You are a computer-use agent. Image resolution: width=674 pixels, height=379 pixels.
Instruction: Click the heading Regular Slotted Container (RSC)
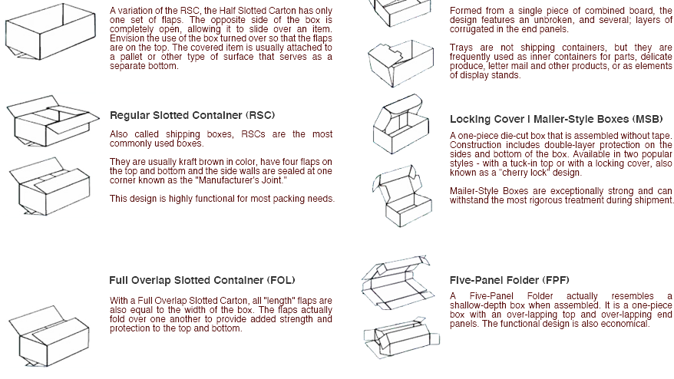click(x=192, y=116)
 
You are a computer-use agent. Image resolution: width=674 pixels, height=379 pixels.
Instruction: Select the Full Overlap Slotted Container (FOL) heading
click(x=202, y=281)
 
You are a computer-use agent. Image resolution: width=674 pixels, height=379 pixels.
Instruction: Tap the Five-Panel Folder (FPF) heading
click(x=508, y=281)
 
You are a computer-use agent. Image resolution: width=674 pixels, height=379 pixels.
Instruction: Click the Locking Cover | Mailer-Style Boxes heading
click(x=556, y=120)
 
